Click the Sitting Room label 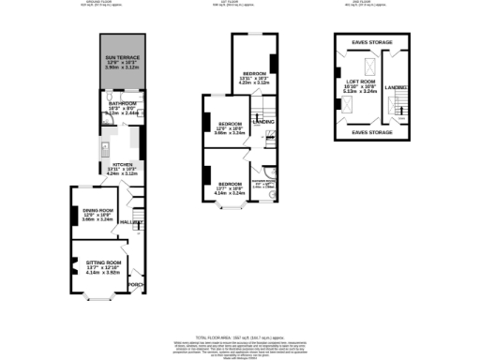(x=105, y=266)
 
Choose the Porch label (x=135, y=284)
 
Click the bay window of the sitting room (x=97, y=299)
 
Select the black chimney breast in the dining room (x=73, y=214)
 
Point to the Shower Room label (x=262, y=184)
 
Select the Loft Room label (x=361, y=86)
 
